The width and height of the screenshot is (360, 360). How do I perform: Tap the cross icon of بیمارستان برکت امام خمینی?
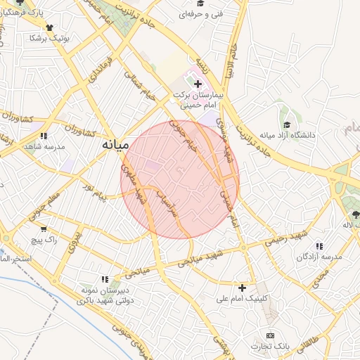pyautogui.click(x=198, y=84)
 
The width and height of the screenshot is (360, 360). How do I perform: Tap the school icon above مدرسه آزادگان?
pyautogui.click(x=319, y=247)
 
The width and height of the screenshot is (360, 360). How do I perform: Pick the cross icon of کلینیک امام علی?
pyautogui.click(x=243, y=287)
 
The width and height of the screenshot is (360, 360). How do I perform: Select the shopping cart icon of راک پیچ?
pyautogui.click(x=44, y=229)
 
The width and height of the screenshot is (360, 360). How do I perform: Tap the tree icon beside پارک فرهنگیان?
pyautogui.click(x=18, y=12)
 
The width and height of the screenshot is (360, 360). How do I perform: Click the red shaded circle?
pyautogui.click(x=179, y=179)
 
